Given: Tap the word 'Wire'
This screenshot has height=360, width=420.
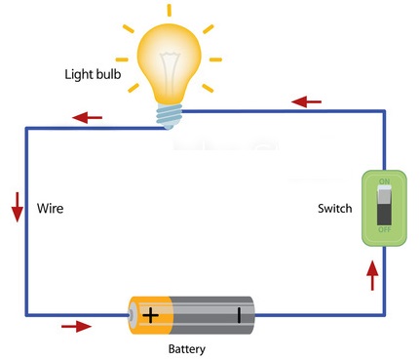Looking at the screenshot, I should pyautogui.click(x=51, y=209).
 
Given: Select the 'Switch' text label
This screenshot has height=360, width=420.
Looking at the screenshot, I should pyautogui.click(x=335, y=209).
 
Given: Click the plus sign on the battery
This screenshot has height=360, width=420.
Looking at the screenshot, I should pyautogui.click(x=151, y=315).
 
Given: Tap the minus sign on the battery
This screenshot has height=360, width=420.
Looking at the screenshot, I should pyautogui.click(x=237, y=315).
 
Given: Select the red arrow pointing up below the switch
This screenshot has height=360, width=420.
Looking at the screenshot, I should pyautogui.click(x=372, y=276).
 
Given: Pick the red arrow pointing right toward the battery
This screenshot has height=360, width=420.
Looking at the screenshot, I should pyautogui.click(x=75, y=325).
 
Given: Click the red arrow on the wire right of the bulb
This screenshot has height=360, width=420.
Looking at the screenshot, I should pyautogui.click(x=307, y=100).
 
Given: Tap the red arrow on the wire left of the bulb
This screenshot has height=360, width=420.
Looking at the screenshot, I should pyautogui.click(x=89, y=118).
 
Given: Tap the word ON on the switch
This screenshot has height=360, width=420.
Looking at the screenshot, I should pyautogui.click(x=383, y=180).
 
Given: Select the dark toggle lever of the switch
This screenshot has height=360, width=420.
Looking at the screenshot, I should pyautogui.click(x=383, y=207).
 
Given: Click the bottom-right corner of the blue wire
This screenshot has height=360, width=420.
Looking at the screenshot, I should pyautogui.click(x=382, y=314).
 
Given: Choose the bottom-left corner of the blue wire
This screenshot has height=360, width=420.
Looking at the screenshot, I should pyautogui.click(x=27, y=314).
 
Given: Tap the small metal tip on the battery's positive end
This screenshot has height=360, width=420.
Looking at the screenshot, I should pyautogui.click(x=130, y=315).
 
